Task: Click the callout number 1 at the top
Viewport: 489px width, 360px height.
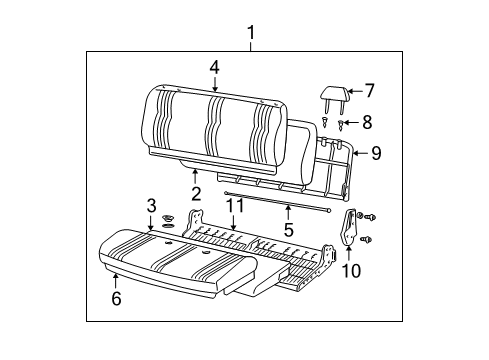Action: point(251,32)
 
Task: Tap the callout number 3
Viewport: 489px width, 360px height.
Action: point(151,206)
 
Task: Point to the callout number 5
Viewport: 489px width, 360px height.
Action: point(288,228)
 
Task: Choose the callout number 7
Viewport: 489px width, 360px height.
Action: point(368,91)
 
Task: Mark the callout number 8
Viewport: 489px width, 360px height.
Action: point(368,122)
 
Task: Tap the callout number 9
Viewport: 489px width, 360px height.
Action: point(376,153)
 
